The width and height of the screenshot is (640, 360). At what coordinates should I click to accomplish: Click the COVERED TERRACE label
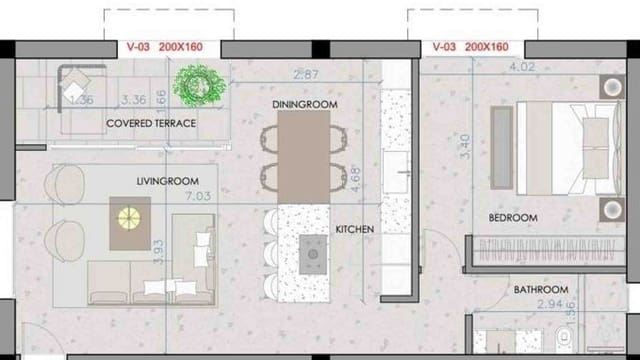151,123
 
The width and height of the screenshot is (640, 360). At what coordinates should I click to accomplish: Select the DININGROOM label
304,104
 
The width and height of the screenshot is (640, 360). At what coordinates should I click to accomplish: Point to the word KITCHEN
354,229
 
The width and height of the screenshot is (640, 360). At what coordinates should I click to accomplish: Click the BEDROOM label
513,217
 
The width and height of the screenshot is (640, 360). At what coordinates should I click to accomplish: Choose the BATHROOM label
541,289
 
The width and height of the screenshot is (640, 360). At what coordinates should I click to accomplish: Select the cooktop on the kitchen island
313,253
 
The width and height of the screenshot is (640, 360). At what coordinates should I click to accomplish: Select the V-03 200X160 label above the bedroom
470,47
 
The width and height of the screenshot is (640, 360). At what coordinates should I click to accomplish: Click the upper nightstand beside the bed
611,87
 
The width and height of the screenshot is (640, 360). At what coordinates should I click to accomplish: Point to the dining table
304,155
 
